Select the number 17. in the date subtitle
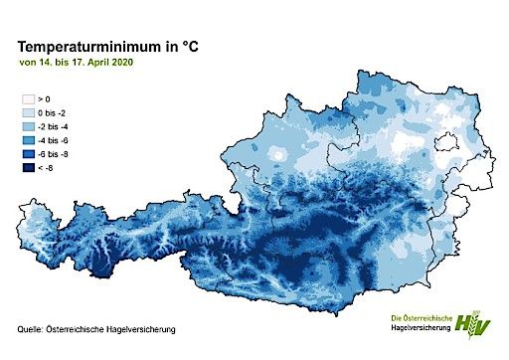[x=80, y=63]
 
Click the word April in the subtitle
[x=100, y=63]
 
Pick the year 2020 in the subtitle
[x=124, y=63]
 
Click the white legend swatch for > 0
[x=29, y=99]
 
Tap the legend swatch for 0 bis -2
[x=29, y=114]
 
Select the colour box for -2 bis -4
[x=29, y=128]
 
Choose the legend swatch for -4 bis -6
[x=29, y=142]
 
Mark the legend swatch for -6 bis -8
[x=29, y=156]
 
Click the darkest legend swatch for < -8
[x=29, y=170]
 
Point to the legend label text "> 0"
[x=44, y=99]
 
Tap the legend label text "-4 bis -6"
[x=54, y=142]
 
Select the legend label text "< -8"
[x=46, y=170]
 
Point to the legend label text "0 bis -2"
[x=53, y=114]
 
